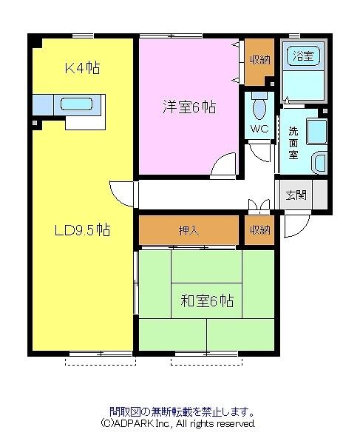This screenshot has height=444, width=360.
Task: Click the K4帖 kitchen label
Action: pos(81,69)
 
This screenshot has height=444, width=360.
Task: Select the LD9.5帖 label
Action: pos(82,230)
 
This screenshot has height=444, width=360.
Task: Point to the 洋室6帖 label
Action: pos(189,107)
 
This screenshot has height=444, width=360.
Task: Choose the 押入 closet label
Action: pos(189,230)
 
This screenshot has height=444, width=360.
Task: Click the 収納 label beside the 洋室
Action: pos(259,60)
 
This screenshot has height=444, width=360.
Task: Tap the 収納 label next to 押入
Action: pos(259,230)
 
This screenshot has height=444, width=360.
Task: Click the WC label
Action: pos(258,128)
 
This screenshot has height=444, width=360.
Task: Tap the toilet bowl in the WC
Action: pos(258,108)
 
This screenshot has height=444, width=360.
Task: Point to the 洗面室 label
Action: pos(293,143)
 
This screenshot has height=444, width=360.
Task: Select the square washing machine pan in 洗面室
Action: pos(316,131)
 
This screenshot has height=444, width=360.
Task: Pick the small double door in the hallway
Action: pos(257,205)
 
